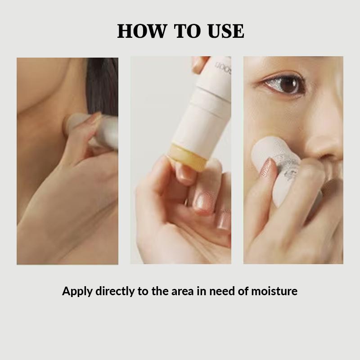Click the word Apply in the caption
(77, 291)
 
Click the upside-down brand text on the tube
(222, 67)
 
